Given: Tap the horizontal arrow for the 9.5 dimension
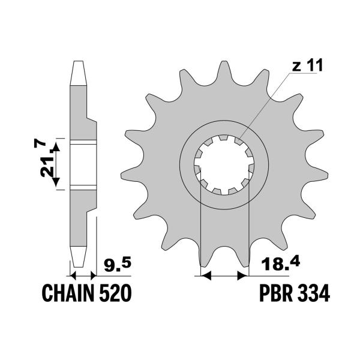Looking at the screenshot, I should point(83,275).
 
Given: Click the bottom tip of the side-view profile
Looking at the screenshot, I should point(77,264).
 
